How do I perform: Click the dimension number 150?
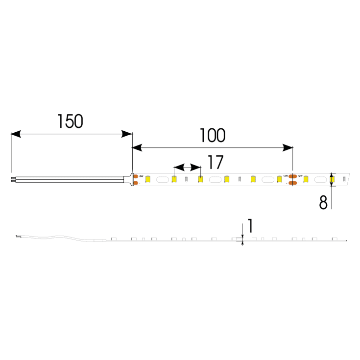(x=70, y=121)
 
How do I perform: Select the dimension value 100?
(x=212, y=135)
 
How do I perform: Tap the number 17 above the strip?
(x=215, y=162)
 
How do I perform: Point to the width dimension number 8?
(x=323, y=202)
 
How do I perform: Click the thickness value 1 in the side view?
(x=250, y=226)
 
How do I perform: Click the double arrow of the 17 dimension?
(x=187, y=167)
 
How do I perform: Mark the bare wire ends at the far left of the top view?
(x=13, y=180)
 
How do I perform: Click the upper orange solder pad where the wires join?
(x=135, y=176)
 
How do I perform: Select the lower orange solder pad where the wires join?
(x=135, y=183)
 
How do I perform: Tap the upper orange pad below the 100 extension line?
(x=292, y=176)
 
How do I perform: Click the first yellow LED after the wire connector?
(x=147, y=180)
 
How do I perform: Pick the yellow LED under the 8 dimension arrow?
(x=332, y=180)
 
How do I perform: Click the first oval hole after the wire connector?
(x=161, y=180)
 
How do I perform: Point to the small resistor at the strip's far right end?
(x=344, y=179)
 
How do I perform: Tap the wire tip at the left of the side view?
(x=17, y=237)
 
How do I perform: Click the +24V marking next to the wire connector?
(x=141, y=176)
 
